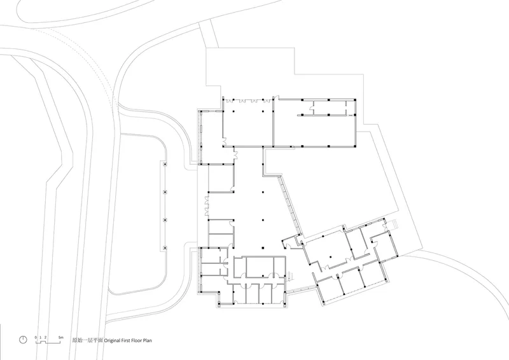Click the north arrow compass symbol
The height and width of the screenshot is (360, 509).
[23, 340]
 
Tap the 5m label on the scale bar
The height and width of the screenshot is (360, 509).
[60, 338]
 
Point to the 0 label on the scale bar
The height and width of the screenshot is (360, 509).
[36, 338]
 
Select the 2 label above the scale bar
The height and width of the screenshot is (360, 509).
[45, 338]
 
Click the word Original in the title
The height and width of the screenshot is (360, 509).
[113, 340]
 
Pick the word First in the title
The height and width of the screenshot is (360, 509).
[125, 340]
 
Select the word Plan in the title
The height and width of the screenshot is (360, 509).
[147, 340]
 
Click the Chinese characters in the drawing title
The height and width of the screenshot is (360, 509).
[87, 340]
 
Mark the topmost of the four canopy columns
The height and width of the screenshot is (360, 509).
[165, 165]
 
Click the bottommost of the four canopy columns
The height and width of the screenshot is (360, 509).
[165, 248]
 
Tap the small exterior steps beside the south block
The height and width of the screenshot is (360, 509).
[291, 275]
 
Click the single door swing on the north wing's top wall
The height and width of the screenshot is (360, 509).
[276, 97]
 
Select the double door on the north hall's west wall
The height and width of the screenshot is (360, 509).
[224, 142]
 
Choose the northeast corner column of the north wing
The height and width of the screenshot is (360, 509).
[355, 100]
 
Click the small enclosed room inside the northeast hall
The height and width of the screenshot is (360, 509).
[330, 107]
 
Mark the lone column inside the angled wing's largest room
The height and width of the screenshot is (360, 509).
[330, 257]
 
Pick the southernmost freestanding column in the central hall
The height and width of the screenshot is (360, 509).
[262, 248]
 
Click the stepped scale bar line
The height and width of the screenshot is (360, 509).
[48, 342]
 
